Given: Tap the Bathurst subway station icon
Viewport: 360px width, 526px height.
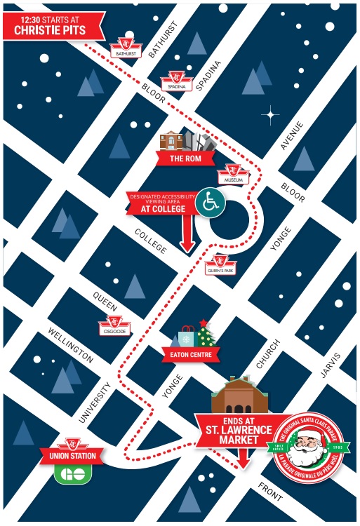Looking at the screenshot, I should pyautogui.click(x=127, y=46).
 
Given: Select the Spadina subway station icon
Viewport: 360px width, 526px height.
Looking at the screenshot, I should pyautogui.click(x=175, y=81).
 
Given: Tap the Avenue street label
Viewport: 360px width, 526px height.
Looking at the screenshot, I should pyautogui.click(x=291, y=135).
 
